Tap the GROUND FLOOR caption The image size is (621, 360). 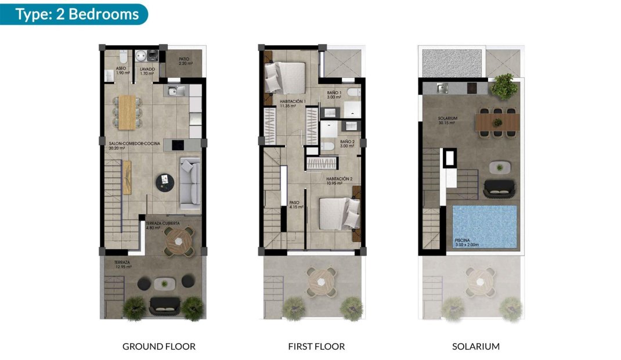point(158,347)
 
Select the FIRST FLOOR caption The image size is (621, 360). point(316,347)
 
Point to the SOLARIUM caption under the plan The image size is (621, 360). point(475,347)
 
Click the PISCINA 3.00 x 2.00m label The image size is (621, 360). point(472,242)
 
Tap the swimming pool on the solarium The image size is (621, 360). point(485,225)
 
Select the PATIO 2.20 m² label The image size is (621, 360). point(185,61)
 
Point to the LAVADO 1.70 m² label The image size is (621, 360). point(147,71)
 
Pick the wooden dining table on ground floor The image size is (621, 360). point(127,111)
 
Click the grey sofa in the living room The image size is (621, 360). point(190,183)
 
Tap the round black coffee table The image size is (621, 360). point(164,183)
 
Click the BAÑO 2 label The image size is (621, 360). point(347,144)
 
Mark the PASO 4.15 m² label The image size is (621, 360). point(296,204)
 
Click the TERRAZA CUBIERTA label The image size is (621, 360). point(163,225)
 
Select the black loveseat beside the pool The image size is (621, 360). point(499,188)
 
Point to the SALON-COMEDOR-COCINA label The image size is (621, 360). point(131,145)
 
